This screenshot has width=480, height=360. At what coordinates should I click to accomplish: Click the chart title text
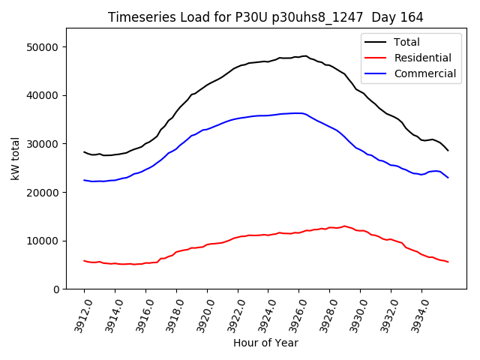point(265,17)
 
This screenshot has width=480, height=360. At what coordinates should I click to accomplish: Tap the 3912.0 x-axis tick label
point(78,312)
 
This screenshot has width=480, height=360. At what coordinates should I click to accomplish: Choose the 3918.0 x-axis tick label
point(170,312)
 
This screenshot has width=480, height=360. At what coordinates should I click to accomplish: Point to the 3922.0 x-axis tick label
point(232,312)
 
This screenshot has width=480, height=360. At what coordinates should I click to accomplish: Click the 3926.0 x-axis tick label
point(293,312)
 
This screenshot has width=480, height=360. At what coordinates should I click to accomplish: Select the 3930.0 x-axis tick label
point(354,312)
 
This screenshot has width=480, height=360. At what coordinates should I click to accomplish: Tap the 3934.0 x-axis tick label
point(415,312)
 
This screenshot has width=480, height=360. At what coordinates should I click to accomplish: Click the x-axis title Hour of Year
point(265,343)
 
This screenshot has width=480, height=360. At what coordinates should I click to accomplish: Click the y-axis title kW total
point(15,158)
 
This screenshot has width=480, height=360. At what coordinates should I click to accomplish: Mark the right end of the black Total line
point(448,151)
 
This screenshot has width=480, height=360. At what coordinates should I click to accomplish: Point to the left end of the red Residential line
point(84,261)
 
